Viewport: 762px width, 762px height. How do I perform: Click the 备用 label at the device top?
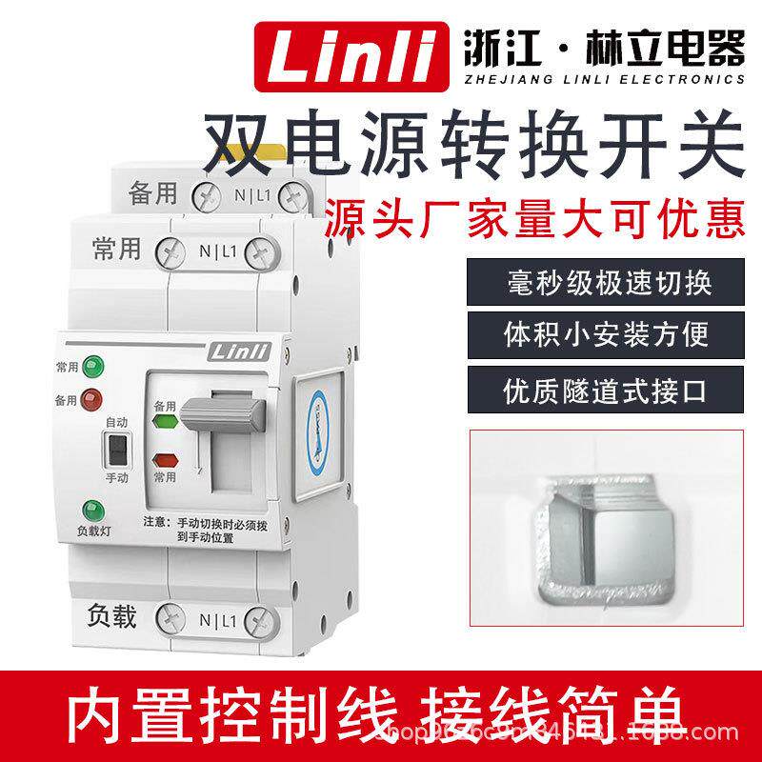[x=152, y=193]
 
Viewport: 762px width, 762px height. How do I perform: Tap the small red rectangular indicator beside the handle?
[x=166, y=458]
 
